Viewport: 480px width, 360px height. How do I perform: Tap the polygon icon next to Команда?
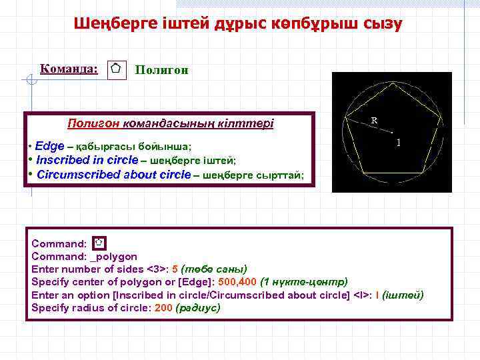click(x=116, y=69)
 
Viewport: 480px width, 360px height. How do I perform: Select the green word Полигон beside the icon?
click(x=161, y=69)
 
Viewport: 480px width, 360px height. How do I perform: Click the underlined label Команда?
click(x=69, y=68)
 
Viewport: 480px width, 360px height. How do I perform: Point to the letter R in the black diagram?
click(x=374, y=121)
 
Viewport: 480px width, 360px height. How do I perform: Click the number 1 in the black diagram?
click(x=398, y=143)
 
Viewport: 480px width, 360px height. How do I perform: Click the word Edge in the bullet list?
click(x=50, y=145)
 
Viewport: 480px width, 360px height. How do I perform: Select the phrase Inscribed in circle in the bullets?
click(x=87, y=160)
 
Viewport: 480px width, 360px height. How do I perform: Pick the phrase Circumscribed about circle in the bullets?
click(x=113, y=175)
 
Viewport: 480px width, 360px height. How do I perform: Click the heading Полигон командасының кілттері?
click(x=171, y=123)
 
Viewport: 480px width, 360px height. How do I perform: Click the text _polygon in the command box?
click(x=113, y=257)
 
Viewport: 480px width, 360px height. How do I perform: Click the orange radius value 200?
click(x=163, y=308)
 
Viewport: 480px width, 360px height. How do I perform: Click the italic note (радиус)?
click(x=198, y=308)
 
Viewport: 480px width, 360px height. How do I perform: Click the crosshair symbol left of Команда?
click(x=28, y=81)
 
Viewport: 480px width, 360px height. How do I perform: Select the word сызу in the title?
click(x=383, y=25)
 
